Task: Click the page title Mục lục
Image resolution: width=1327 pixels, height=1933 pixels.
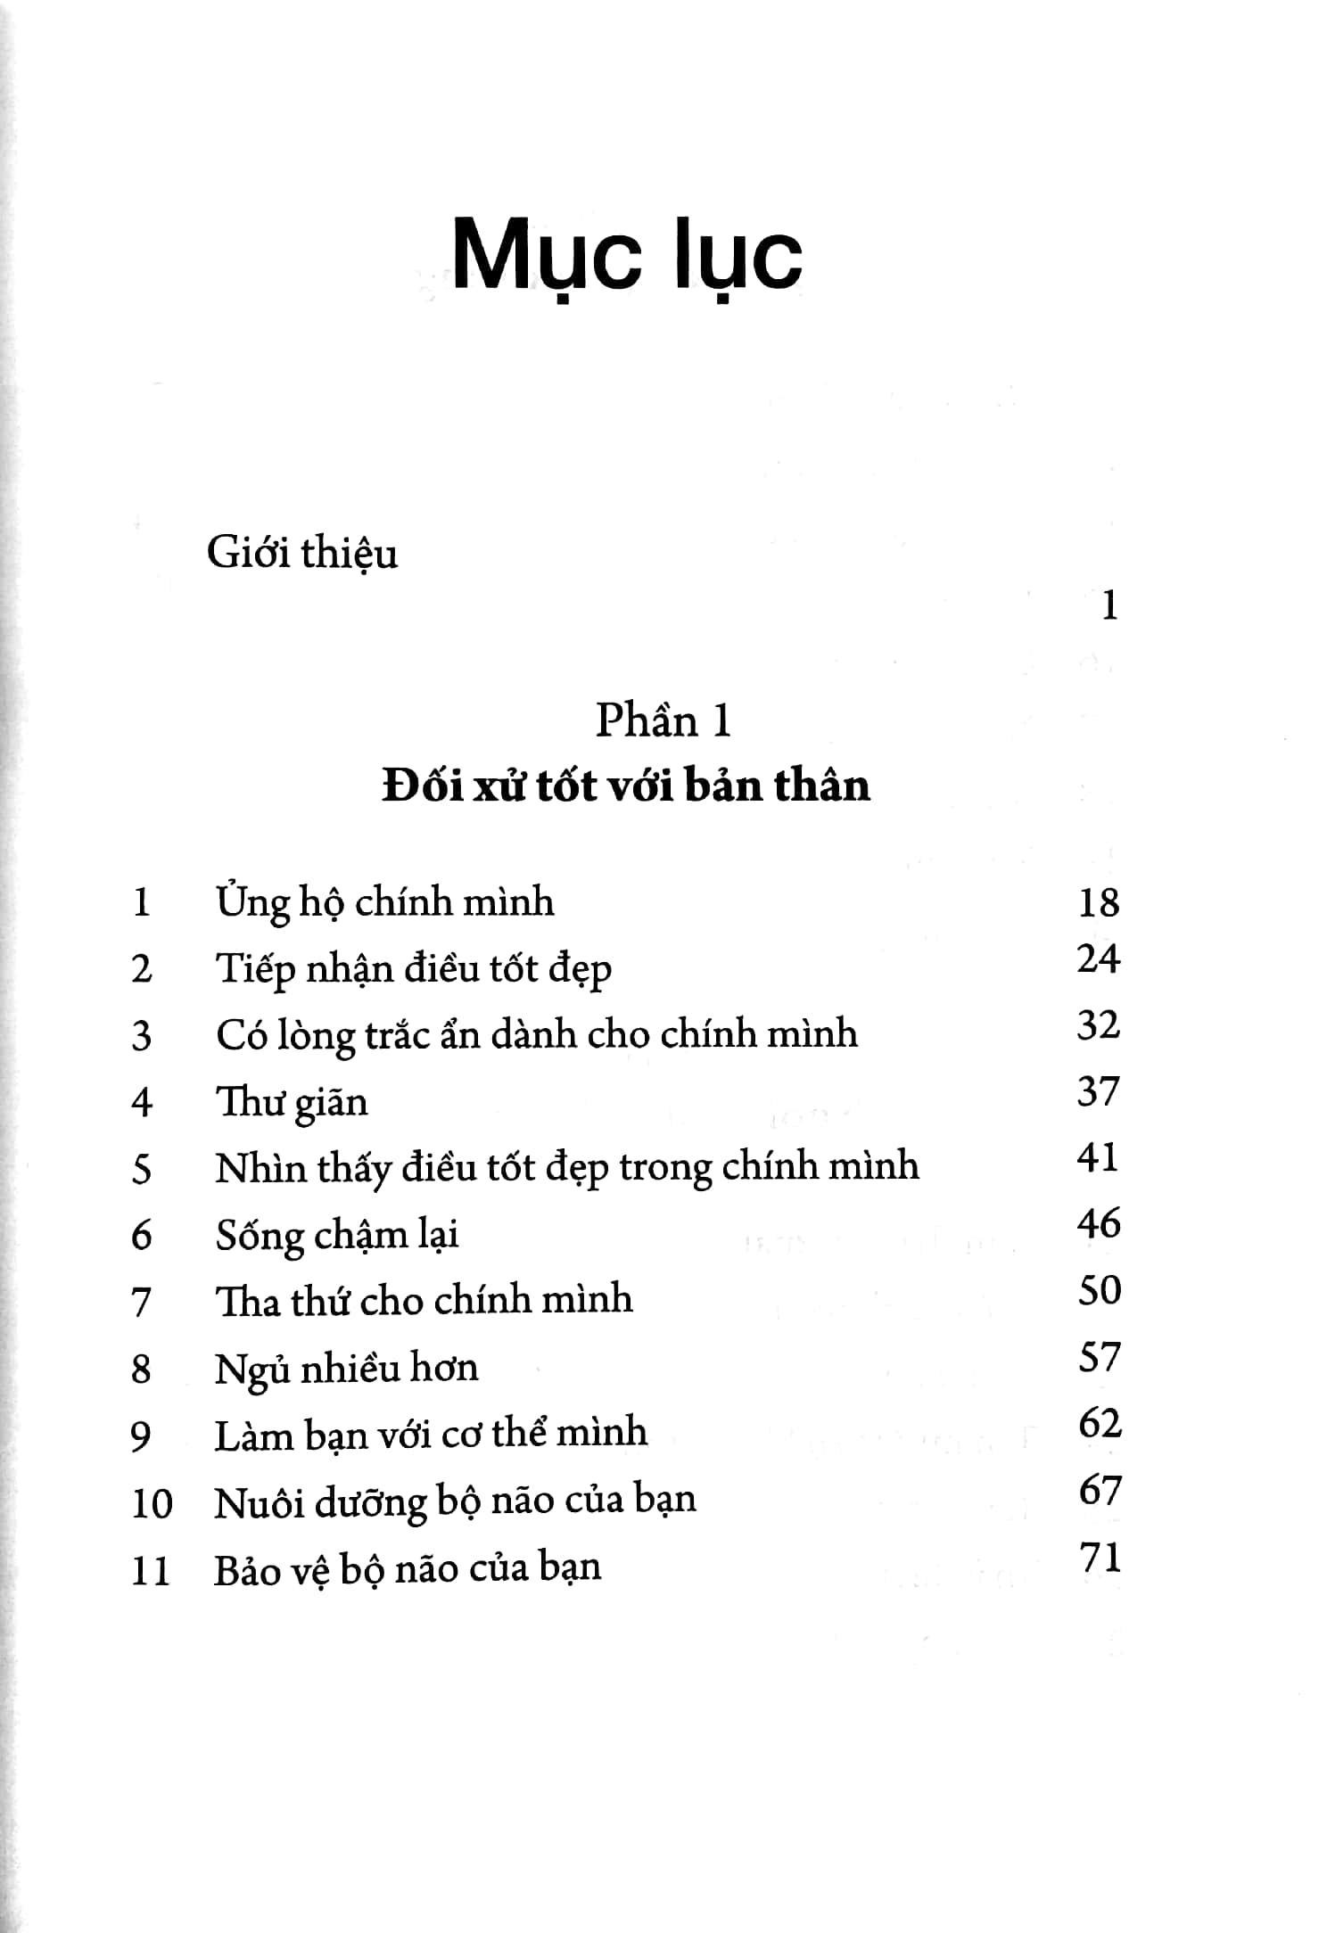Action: pyautogui.click(x=627, y=259)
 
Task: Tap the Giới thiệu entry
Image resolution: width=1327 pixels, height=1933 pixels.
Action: pyautogui.click(x=301, y=554)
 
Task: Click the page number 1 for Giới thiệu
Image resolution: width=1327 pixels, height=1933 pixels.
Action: pyautogui.click(x=1109, y=607)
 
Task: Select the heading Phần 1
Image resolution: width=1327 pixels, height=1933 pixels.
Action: pyautogui.click(x=663, y=720)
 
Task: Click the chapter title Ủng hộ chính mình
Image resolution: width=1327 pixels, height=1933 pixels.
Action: pyautogui.click(x=384, y=902)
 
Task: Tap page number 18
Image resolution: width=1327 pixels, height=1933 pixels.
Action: pyautogui.click(x=1098, y=902)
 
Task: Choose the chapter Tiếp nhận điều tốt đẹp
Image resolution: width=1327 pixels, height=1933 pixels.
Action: pyautogui.click(x=413, y=969)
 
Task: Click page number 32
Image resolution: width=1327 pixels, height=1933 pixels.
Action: pyautogui.click(x=1098, y=1024)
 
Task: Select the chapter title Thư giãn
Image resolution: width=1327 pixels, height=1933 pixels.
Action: pyautogui.click(x=292, y=1103)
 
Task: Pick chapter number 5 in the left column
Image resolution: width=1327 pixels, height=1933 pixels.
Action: pyautogui.click(x=142, y=1169)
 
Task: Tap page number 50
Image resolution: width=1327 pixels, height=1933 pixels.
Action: pyautogui.click(x=1099, y=1290)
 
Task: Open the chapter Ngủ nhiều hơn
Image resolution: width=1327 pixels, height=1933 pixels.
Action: pyautogui.click(x=346, y=1368)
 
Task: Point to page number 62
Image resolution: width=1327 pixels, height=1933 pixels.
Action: pyautogui.click(x=1099, y=1423)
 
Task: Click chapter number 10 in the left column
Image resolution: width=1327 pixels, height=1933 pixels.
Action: pyautogui.click(x=152, y=1503)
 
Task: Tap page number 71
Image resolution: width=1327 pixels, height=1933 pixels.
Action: pyautogui.click(x=1099, y=1557)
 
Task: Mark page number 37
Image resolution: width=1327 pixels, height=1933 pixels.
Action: pyautogui.click(x=1098, y=1091)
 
